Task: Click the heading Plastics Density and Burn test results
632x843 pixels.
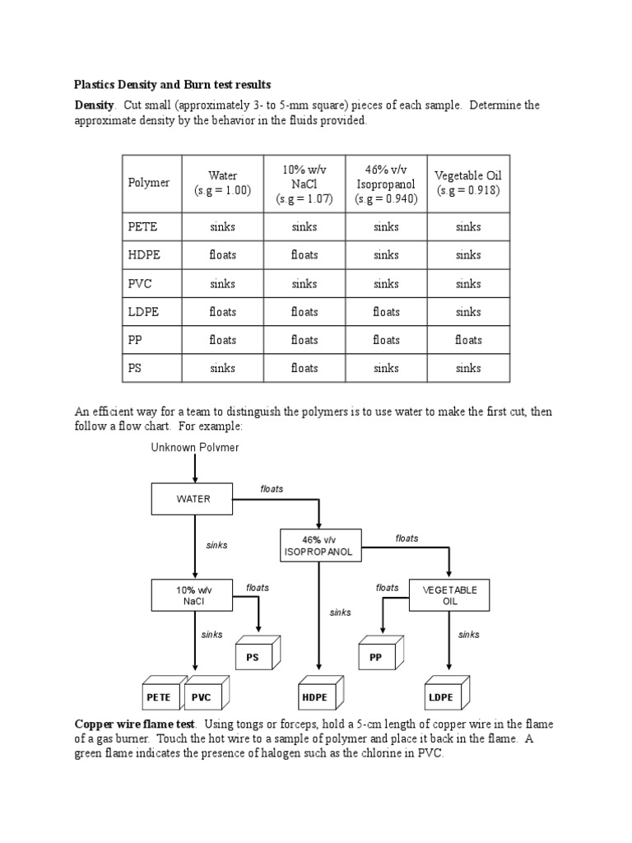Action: (172, 85)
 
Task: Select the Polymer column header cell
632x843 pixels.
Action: (149, 183)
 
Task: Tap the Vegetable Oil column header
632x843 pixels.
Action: (468, 183)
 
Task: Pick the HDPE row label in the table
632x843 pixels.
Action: (142, 255)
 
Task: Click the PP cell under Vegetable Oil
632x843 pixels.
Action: (468, 340)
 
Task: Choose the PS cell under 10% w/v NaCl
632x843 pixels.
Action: (304, 368)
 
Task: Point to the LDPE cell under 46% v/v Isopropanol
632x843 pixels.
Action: (386, 312)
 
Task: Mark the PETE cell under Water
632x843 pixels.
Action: (222, 227)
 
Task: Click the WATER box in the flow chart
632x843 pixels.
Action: (193, 498)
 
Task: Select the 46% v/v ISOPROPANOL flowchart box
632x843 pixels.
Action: (321, 546)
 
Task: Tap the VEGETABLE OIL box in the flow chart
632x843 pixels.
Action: (449, 595)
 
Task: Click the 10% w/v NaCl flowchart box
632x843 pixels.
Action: (193, 595)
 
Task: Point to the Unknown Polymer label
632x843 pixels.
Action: (195, 447)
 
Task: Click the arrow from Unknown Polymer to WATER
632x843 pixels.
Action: (195, 468)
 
